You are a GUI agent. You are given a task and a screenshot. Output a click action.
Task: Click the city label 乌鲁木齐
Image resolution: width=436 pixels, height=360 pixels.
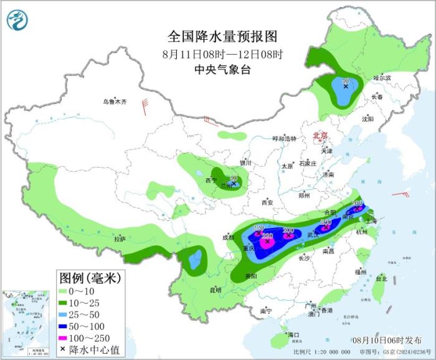(115, 102)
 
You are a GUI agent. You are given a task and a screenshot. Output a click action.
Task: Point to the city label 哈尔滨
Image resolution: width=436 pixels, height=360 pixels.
(382, 78)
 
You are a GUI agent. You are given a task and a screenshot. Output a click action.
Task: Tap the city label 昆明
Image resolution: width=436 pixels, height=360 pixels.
(214, 290)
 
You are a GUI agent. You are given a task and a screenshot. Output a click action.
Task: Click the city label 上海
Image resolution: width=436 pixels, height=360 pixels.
(370, 220)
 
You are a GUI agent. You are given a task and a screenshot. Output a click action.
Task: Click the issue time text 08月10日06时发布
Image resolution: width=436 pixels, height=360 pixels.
(386, 339)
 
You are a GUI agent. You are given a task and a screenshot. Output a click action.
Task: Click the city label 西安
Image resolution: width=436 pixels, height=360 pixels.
(267, 202)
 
